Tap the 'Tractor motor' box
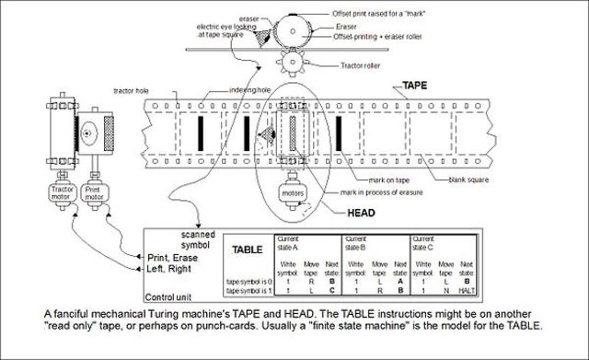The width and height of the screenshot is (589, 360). point(57,194)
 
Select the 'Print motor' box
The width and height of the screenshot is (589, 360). point(94,194)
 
